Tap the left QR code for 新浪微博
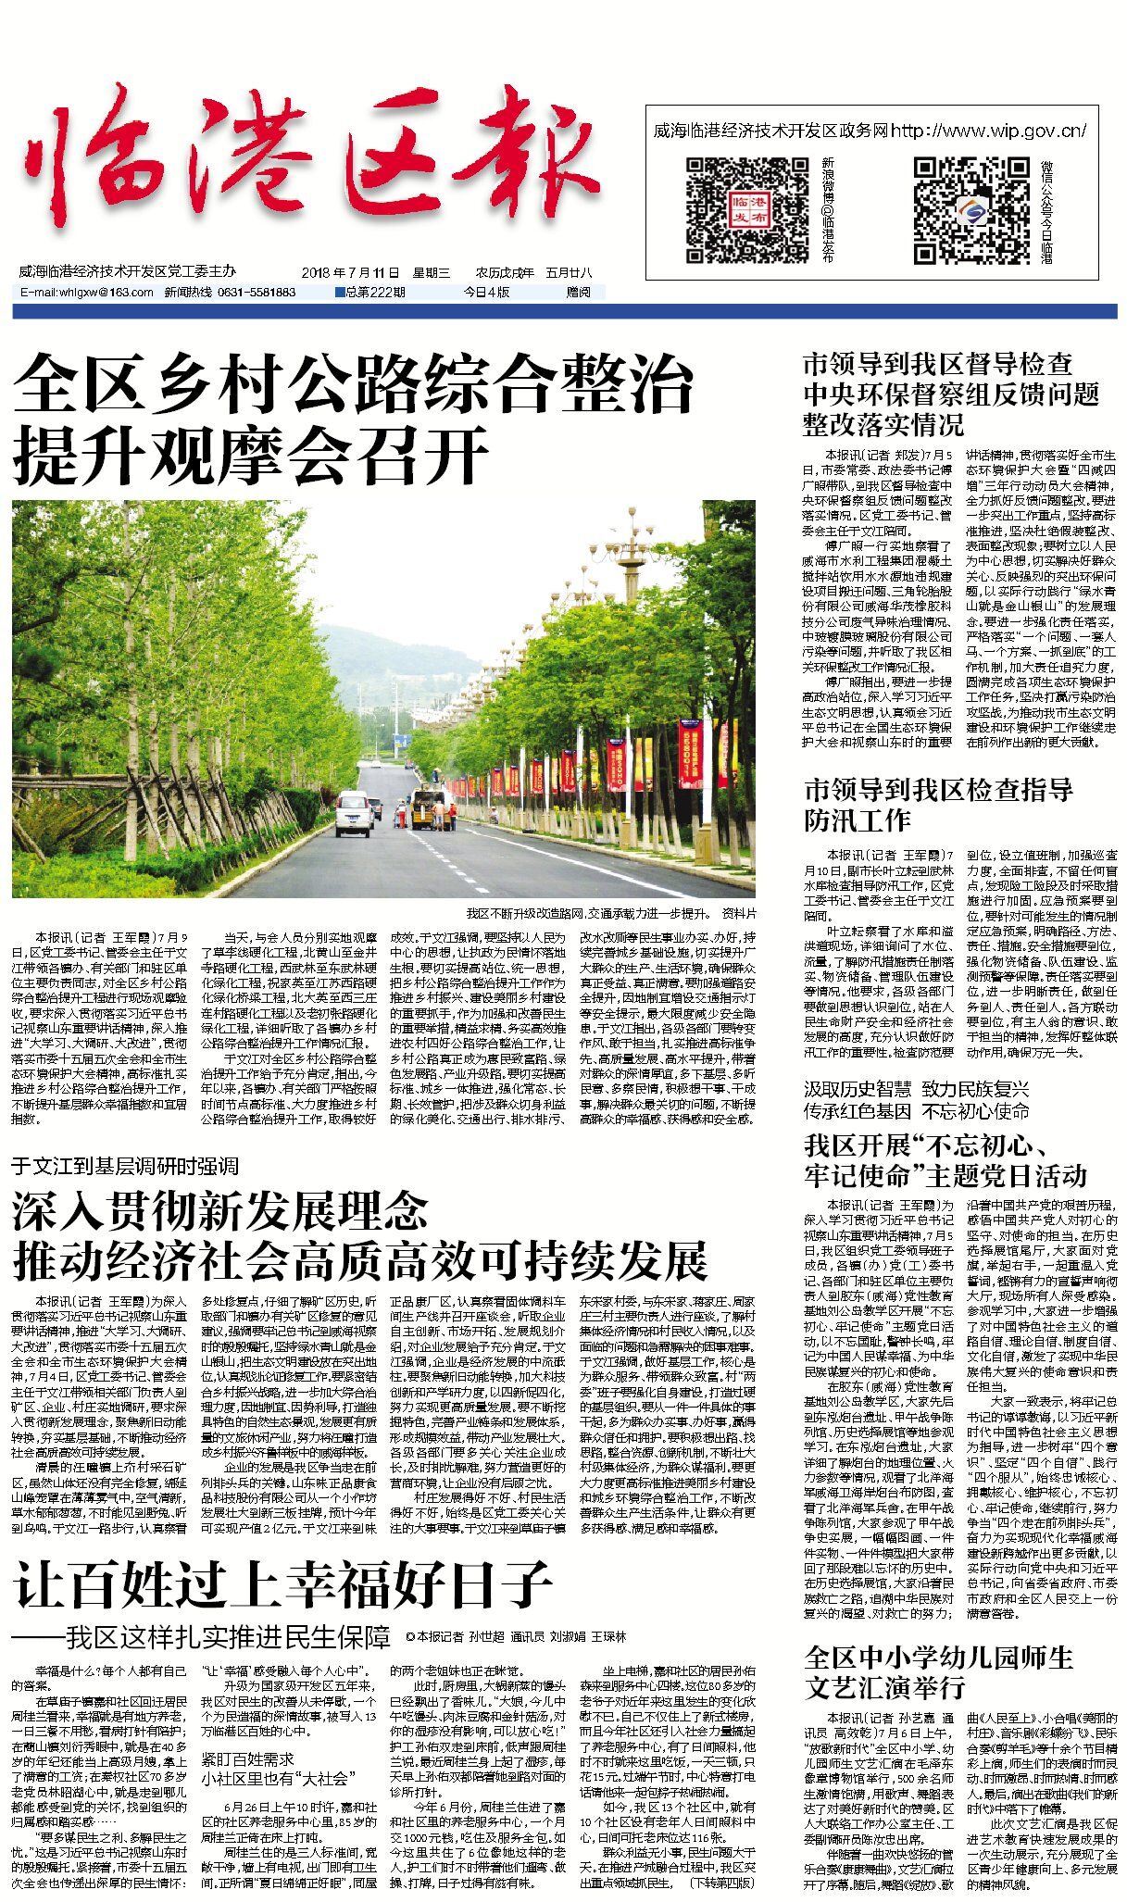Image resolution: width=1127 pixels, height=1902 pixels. click(734, 210)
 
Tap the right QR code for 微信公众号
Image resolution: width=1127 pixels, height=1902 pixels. click(970, 210)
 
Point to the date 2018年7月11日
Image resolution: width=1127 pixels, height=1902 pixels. click(350, 273)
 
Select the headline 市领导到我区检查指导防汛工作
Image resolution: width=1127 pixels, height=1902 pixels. click(937, 805)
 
